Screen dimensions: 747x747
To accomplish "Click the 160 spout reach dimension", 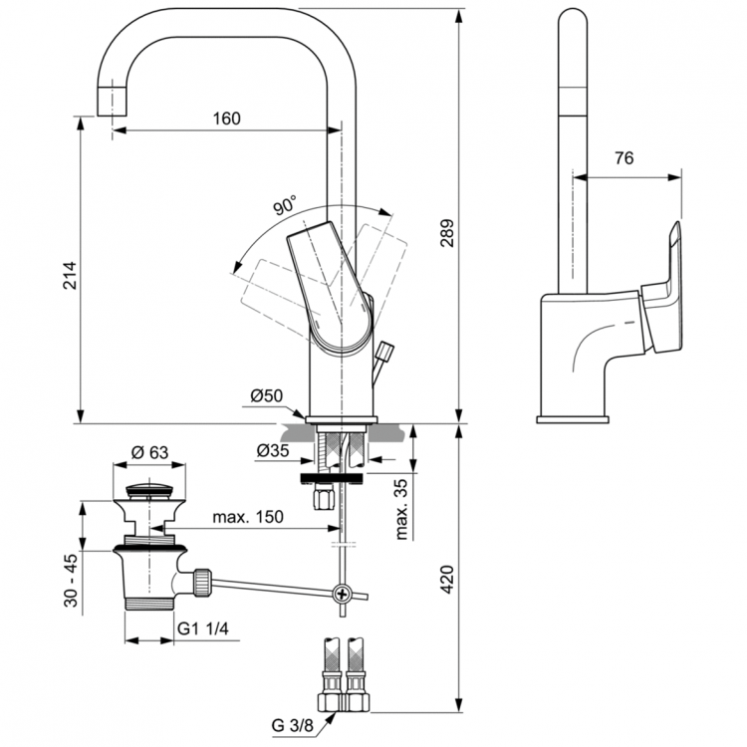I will tap(226, 119).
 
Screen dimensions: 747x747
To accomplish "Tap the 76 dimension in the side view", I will tap(624, 158).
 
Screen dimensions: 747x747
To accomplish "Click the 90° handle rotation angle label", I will tap(284, 206).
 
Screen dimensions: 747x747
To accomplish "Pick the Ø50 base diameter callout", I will tap(266, 396).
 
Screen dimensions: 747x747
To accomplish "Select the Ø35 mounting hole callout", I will tap(272, 450).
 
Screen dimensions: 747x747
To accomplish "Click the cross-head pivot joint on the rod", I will tap(343, 595).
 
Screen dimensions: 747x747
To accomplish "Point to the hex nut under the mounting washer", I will tap(323, 498).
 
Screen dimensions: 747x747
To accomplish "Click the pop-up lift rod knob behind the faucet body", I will tap(386, 351).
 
